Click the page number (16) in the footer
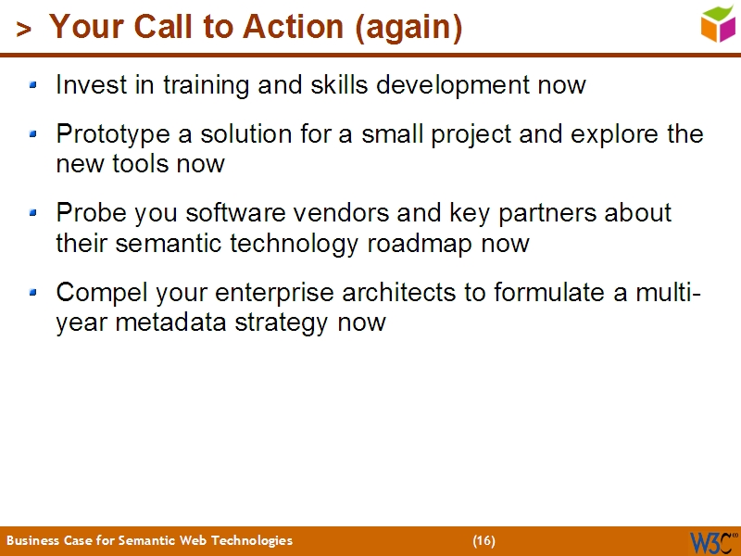[x=484, y=540]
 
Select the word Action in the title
[x=294, y=28]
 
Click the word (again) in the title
[x=408, y=28]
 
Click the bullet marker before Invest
[x=34, y=85]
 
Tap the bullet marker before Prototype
[x=34, y=135]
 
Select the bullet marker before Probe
[x=34, y=213]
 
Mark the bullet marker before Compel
[x=34, y=293]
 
